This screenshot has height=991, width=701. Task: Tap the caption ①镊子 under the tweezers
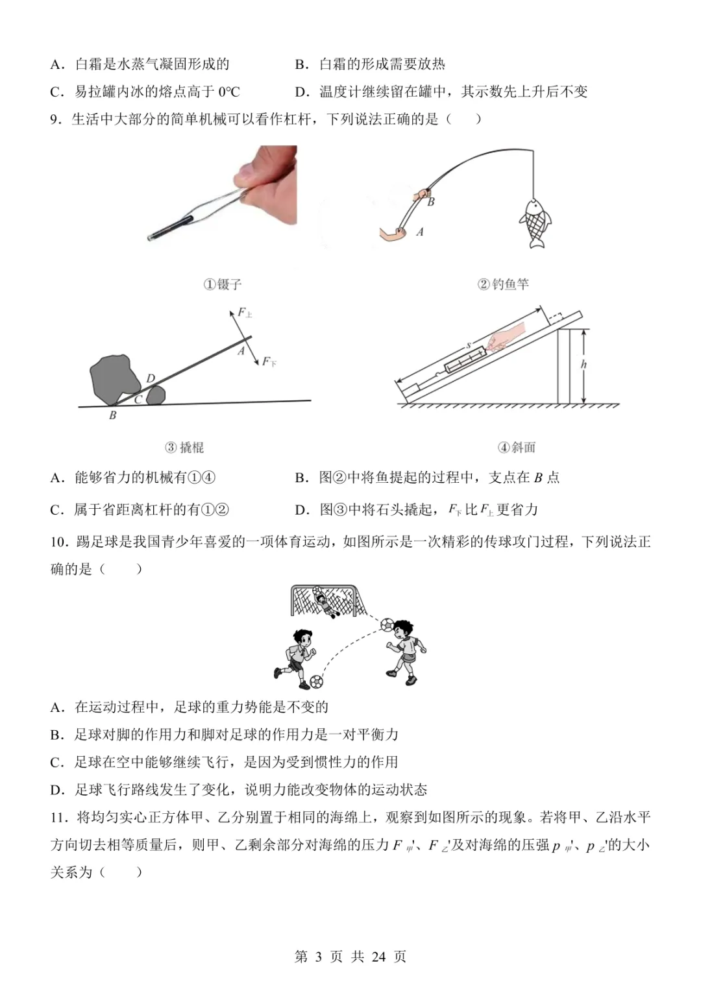223,284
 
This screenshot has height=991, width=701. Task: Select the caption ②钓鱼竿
503,284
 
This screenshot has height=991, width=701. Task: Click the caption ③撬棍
184,447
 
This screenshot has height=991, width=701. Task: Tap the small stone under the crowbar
156,395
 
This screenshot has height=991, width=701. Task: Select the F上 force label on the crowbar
244,313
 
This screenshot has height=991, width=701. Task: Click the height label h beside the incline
584,365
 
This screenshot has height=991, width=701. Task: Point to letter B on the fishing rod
431,202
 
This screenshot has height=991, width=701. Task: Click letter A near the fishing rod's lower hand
420,232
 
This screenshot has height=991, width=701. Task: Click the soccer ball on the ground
316,681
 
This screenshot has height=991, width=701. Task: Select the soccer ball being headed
387,624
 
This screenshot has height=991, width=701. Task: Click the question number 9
56,119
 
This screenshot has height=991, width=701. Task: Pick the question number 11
58,818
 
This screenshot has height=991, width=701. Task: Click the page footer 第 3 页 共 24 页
350,957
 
